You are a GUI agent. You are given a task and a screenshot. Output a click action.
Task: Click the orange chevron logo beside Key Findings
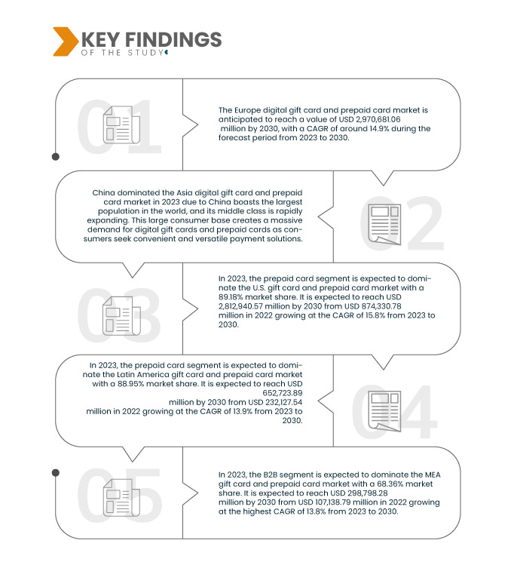64,41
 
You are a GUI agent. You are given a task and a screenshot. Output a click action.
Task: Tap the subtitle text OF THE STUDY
121,53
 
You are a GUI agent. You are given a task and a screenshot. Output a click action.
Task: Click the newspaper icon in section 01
118,124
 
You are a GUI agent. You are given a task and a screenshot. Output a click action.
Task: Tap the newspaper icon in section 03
118,314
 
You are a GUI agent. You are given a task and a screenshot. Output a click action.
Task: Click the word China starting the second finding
106,192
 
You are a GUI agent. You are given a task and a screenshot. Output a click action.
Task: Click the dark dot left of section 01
55,157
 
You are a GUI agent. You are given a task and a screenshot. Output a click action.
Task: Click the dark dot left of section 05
55,473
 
